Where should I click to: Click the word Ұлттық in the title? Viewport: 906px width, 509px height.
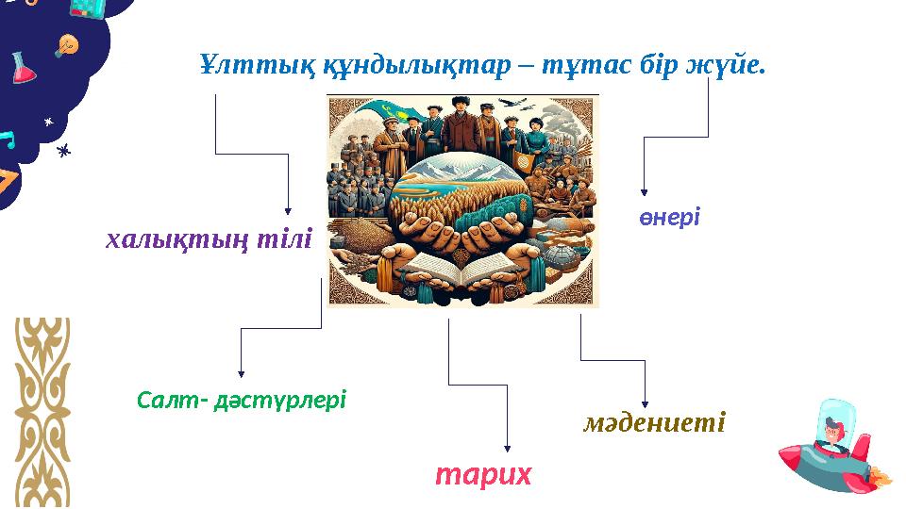234,65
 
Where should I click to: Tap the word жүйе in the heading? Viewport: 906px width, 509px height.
730,65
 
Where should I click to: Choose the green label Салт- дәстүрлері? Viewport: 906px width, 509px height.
242,401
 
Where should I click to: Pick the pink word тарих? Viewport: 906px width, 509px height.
483,474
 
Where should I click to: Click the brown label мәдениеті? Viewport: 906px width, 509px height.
655,422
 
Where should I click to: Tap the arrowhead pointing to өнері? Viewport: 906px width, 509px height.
644,191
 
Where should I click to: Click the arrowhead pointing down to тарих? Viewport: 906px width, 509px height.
508,448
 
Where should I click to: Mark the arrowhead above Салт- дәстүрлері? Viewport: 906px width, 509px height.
242,372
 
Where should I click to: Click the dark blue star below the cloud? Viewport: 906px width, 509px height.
64,150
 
